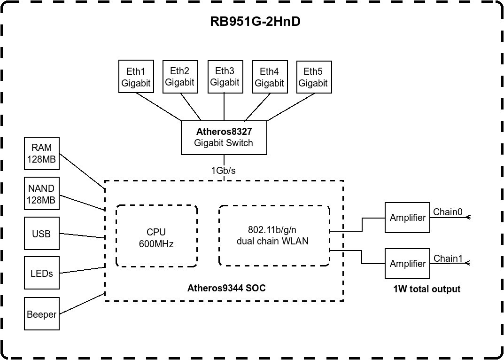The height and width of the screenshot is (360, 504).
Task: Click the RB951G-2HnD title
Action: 255,22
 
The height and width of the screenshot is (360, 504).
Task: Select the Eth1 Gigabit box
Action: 136,77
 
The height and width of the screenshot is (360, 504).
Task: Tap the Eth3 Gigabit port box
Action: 225,77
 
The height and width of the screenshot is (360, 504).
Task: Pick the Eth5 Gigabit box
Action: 313,77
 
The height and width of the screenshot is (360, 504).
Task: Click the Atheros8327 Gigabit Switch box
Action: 224,137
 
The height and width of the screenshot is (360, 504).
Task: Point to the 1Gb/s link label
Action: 224,171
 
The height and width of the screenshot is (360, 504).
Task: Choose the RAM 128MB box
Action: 42,154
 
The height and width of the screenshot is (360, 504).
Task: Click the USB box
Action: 42,234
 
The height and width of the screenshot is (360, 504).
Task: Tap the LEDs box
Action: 42,273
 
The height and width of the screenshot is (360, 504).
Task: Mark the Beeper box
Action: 42,314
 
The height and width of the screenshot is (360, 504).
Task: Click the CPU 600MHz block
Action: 156,237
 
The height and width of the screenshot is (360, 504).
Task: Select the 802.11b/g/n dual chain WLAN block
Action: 274,235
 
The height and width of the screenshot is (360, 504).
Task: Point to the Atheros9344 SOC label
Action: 226,288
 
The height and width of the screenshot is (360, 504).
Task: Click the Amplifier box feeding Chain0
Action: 407,218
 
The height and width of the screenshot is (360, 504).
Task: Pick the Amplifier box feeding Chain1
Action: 407,264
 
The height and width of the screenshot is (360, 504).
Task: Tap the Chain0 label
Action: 448,212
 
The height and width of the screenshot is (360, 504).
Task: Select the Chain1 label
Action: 448,258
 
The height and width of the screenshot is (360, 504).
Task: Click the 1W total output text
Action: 426,289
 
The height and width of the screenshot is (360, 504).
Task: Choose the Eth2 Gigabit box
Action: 180,77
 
